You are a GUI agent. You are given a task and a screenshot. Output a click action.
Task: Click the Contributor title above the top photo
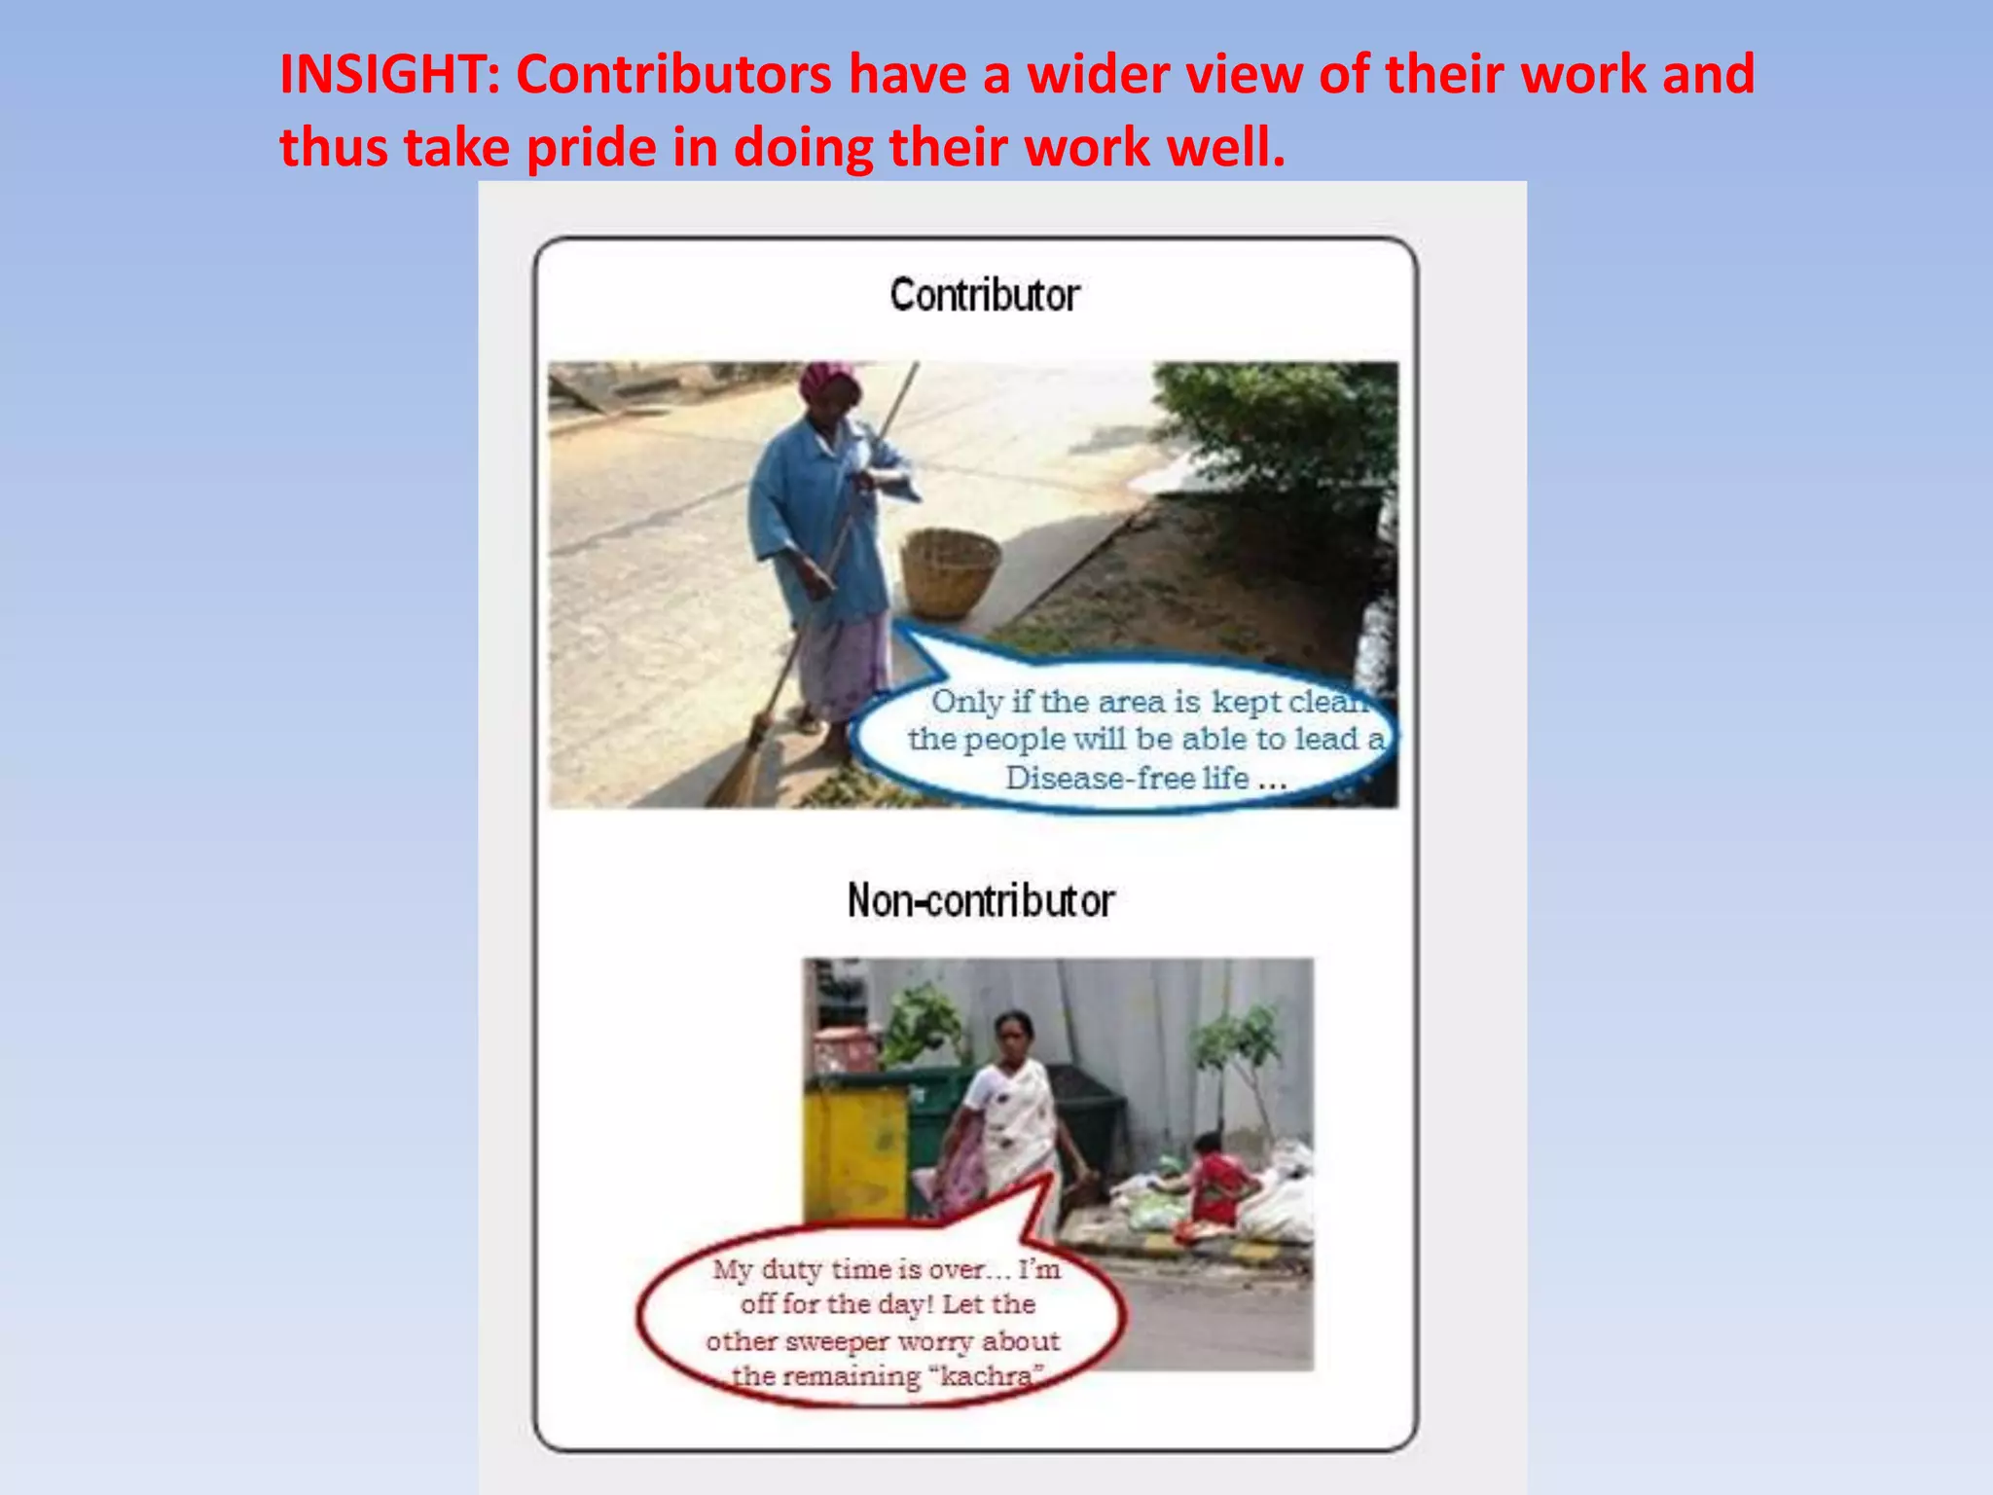click(984, 295)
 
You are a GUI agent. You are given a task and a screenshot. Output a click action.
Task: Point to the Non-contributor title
click(980, 900)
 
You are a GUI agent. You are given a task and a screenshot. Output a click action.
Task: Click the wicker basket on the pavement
click(949, 572)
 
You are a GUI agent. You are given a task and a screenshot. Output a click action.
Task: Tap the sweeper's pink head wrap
click(827, 380)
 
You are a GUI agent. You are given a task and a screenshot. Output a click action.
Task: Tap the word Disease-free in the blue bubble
click(1127, 779)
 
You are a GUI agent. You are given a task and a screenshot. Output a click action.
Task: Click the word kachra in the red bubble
click(986, 1376)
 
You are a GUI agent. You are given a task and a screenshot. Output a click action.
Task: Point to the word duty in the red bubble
click(792, 1269)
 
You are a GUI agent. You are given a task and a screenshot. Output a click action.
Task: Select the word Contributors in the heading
click(673, 75)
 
